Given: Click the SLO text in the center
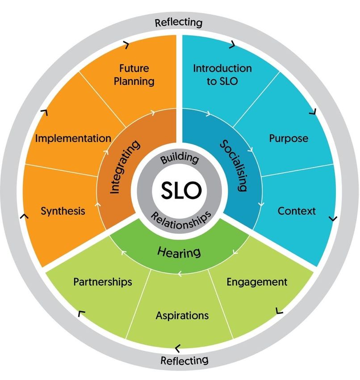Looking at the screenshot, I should (180, 191).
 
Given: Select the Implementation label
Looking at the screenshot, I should (73, 138).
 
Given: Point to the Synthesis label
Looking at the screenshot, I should (63, 211).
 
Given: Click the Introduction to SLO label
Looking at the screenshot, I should (222, 75).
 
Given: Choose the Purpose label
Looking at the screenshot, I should (289, 138).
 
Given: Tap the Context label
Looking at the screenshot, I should (297, 211).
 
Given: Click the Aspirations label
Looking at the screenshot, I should (182, 315).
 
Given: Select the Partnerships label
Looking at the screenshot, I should (103, 282).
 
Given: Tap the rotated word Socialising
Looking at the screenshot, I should (234, 165).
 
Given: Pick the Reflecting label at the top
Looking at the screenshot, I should (178, 22).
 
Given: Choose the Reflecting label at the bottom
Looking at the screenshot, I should (184, 360).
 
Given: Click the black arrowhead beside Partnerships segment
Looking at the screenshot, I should (81, 314).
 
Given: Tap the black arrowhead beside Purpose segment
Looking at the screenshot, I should (314, 110).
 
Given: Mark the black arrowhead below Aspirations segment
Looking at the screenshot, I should (178, 346).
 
